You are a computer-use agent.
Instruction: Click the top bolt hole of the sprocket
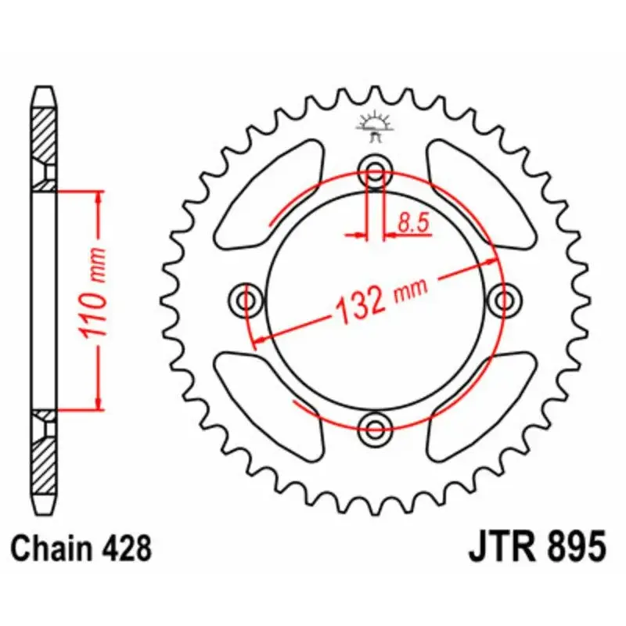(x=375, y=173)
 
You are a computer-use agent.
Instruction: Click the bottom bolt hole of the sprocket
(x=375, y=429)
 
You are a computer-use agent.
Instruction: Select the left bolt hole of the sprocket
(x=246, y=300)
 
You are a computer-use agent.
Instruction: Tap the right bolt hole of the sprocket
(x=504, y=300)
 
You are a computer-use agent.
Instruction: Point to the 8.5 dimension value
(x=413, y=223)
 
